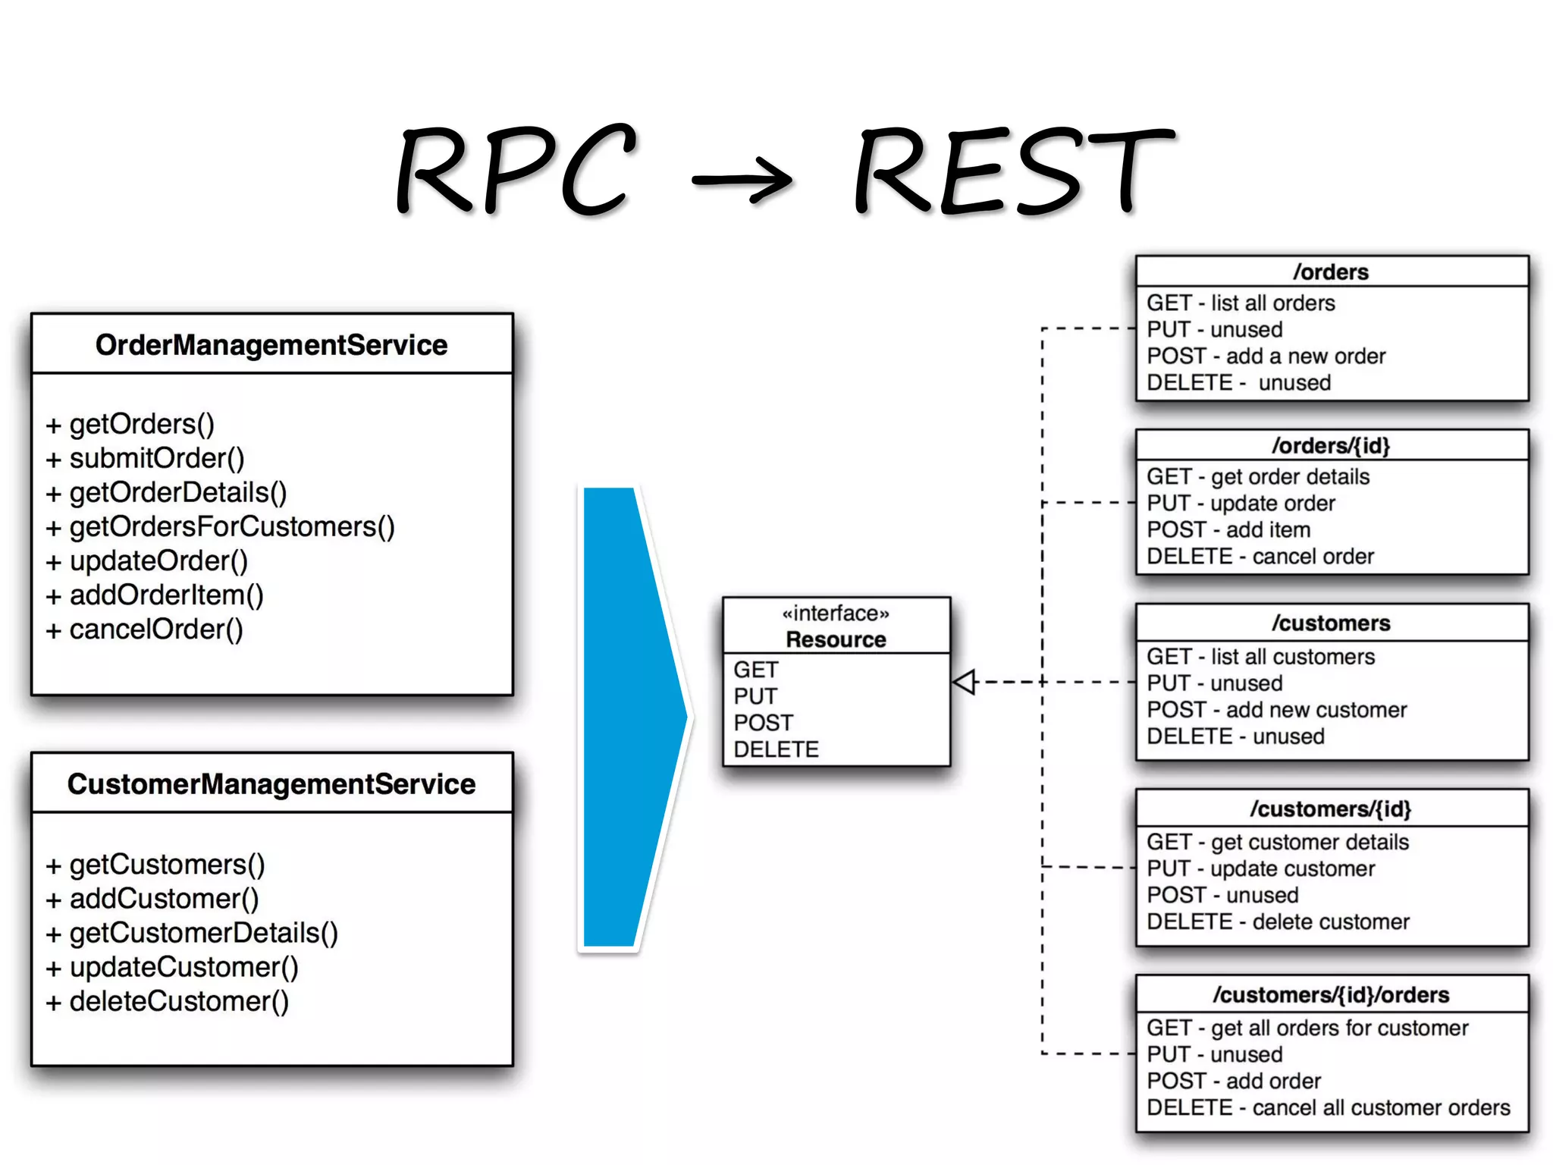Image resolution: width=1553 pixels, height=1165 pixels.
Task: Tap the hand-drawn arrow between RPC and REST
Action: click(743, 180)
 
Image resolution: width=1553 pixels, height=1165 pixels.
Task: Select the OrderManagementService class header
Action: click(271, 345)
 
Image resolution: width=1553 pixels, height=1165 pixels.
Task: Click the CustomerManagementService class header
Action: click(271, 784)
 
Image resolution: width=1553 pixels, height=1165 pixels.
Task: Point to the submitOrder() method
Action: click(156, 458)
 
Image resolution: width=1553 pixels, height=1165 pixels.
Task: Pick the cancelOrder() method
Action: click(155, 630)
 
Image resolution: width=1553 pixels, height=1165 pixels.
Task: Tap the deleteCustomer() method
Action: click(179, 1001)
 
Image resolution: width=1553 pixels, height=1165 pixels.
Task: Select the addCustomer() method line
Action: click(164, 899)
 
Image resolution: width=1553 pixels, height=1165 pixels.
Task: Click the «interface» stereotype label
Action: click(836, 613)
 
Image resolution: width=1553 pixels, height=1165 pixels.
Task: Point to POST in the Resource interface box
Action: click(763, 723)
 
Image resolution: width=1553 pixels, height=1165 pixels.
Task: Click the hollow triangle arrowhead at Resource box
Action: click(965, 682)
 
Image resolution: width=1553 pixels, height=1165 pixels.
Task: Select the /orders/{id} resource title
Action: click(1332, 446)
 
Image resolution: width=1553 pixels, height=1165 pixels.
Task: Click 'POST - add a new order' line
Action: click(1266, 356)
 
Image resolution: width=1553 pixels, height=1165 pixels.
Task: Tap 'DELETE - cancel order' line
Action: click(1260, 557)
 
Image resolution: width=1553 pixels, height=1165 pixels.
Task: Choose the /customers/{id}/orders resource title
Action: click(1332, 995)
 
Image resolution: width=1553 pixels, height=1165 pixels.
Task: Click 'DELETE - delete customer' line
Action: click(1278, 922)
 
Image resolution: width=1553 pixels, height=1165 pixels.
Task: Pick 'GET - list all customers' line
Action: click(1260, 657)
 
